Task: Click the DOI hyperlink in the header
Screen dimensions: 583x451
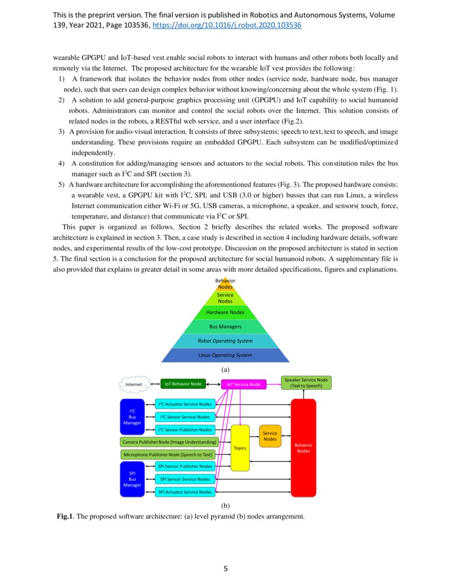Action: click(227, 25)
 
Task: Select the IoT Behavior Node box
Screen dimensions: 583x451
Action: click(183, 384)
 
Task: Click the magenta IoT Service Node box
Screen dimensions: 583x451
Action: click(244, 384)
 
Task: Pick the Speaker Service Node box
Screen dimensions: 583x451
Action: click(306, 383)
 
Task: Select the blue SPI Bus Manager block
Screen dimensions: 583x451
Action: click(132, 479)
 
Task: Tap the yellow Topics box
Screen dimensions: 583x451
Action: click(240, 448)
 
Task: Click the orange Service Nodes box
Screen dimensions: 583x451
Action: click(270, 436)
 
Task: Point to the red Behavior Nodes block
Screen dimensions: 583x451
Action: click(303, 448)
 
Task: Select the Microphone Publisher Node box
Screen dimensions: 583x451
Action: click(168, 454)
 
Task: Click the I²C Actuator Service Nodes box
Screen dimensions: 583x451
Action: click(185, 404)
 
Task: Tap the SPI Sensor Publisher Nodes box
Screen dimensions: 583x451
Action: click(185, 466)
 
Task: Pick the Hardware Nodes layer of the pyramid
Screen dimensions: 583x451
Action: click(225, 312)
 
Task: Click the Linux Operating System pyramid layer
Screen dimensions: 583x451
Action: click(225, 355)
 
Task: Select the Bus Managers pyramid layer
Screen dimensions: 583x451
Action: click(225, 326)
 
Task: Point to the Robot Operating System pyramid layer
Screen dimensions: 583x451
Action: click(225, 341)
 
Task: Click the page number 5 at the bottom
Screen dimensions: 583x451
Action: click(226, 569)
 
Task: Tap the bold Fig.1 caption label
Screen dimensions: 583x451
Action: click(65, 516)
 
